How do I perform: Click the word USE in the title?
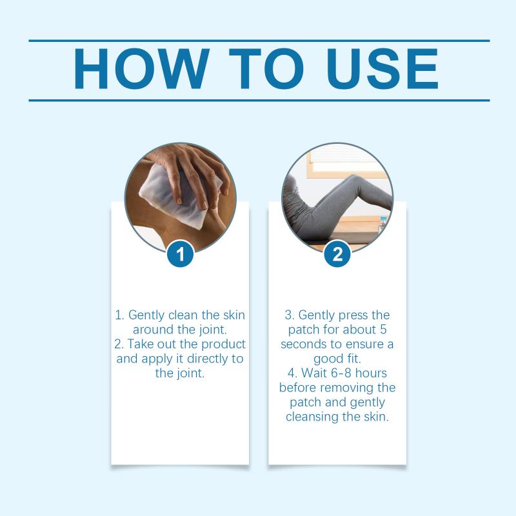[382, 69]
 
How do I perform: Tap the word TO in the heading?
[266, 69]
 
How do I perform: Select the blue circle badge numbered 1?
[181, 253]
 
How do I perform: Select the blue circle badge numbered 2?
[337, 253]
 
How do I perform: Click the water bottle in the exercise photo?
[382, 225]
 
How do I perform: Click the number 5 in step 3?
[383, 330]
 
